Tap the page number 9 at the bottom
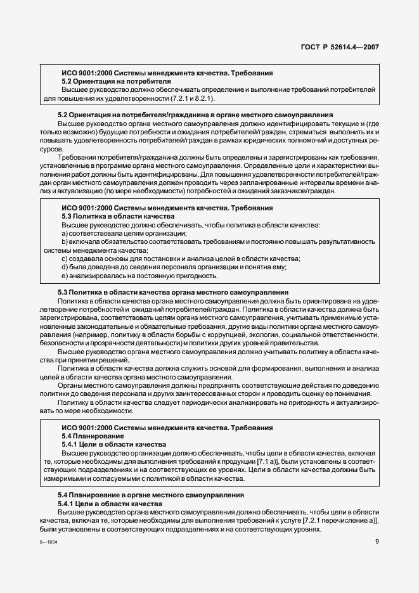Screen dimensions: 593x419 tap(377, 541)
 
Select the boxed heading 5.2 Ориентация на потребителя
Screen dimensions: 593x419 tap(116, 82)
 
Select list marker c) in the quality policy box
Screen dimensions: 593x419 tap(64, 258)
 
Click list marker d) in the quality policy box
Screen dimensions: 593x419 tap(64, 267)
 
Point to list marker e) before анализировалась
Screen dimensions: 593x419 tap(64, 276)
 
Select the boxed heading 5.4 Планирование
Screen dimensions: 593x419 tap(93, 436)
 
